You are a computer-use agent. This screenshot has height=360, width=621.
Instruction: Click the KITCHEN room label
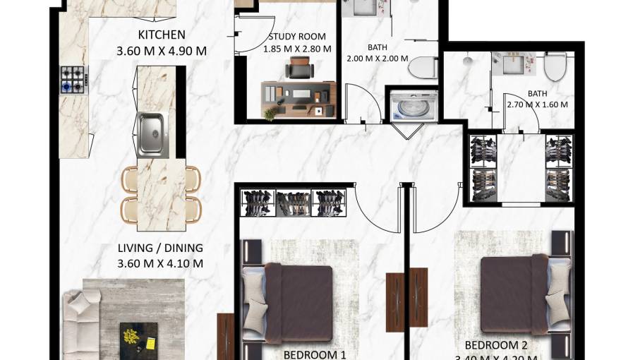(162, 35)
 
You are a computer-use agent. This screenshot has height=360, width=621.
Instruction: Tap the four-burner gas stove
(72, 78)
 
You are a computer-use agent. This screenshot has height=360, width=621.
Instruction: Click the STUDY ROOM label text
(297, 37)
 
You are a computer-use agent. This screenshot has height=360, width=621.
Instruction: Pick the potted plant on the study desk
(270, 113)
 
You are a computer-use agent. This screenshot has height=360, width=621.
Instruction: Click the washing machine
(411, 107)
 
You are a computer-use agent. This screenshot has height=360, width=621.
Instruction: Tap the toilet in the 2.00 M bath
(423, 68)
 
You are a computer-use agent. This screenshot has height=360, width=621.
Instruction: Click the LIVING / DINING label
(160, 248)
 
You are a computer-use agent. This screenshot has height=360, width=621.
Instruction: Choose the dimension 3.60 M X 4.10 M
(160, 263)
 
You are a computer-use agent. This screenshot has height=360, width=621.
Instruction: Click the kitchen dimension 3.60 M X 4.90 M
(162, 50)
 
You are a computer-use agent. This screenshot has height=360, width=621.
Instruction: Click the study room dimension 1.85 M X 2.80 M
(297, 49)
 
